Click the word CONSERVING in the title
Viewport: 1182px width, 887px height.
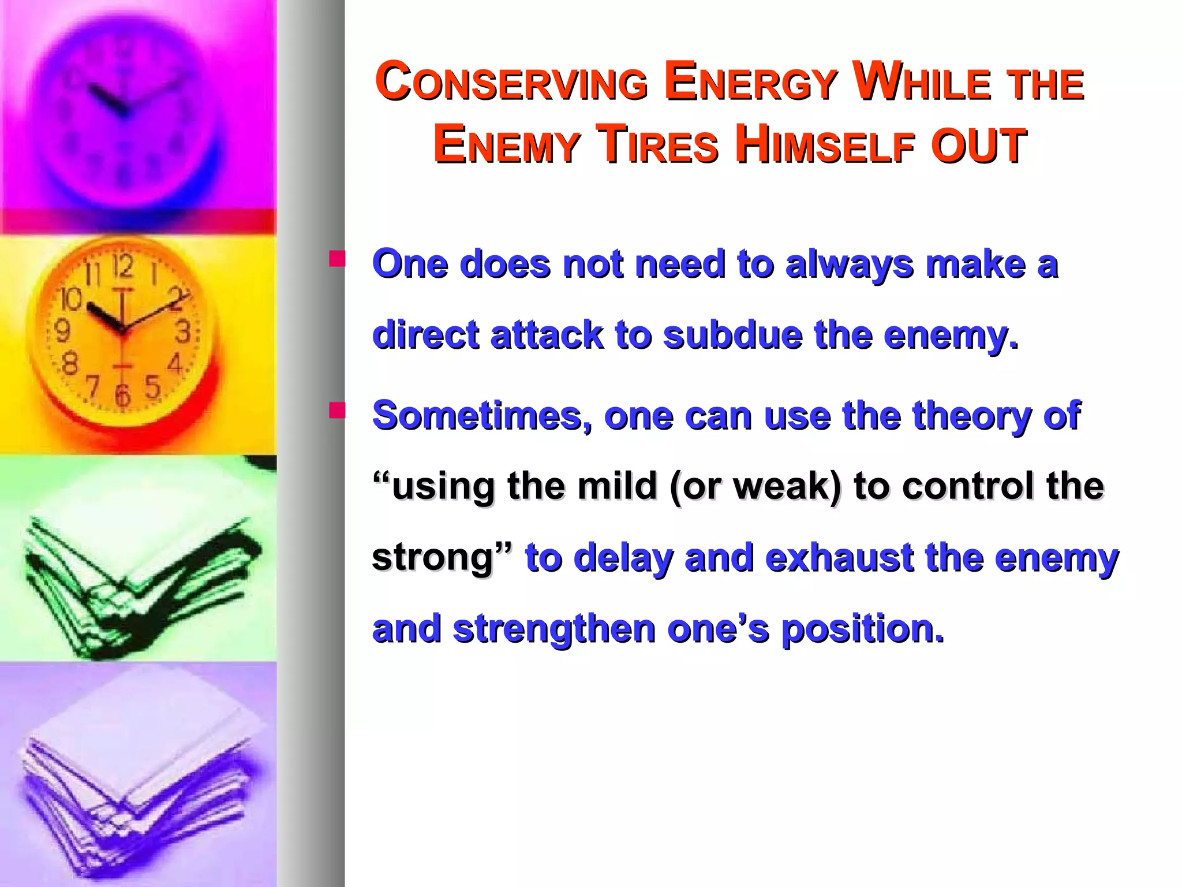click(x=511, y=83)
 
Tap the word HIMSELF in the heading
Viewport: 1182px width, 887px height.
click(x=825, y=146)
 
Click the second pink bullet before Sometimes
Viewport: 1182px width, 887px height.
click(x=337, y=410)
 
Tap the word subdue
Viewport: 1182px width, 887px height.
click(x=732, y=336)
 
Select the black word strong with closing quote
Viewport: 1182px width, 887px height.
click(x=442, y=558)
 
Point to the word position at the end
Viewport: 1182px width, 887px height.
click(x=862, y=629)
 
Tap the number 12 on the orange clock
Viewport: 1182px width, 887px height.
click(x=122, y=267)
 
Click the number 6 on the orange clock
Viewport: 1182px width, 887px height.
click(x=122, y=394)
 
